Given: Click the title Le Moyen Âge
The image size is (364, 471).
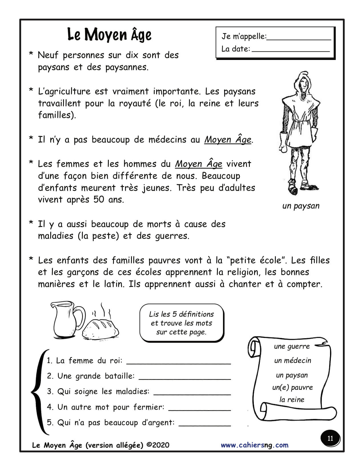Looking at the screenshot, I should (x=109, y=35).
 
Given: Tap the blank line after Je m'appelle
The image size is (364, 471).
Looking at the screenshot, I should (x=299, y=39).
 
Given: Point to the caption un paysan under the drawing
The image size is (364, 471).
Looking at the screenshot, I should (x=301, y=206).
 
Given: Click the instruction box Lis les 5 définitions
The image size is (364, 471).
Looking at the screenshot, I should (x=181, y=323).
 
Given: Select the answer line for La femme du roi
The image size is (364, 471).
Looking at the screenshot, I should (x=178, y=363).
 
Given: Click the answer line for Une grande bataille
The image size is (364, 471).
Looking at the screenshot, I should (x=184, y=379).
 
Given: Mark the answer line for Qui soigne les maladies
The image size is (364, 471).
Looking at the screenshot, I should (x=192, y=394).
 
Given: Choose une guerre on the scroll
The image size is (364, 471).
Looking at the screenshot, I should (x=291, y=347).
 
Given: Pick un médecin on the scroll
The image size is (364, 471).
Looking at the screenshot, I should (x=293, y=361).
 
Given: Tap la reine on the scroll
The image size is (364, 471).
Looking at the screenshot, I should (x=292, y=400).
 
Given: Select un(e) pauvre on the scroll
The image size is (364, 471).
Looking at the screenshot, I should (x=292, y=387).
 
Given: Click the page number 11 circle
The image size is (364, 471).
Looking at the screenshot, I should (x=330, y=438).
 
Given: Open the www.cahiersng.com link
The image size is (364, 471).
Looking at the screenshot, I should (x=254, y=445).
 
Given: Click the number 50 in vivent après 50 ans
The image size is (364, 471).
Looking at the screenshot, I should (x=98, y=199).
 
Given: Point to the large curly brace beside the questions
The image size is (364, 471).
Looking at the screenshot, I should (x=37, y=391).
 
